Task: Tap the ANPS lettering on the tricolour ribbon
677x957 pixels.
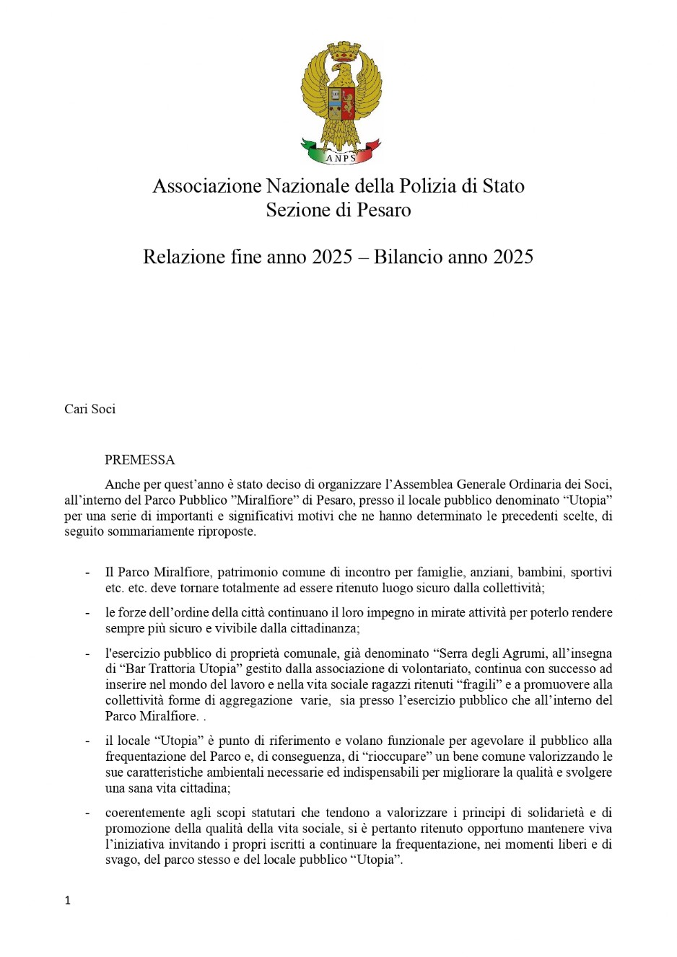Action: [x=340, y=158]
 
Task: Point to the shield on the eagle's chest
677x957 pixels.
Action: [x=341, y=103]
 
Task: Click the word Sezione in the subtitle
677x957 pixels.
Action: [x=297, y=210]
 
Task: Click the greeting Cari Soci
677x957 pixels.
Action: [x=90, y=409]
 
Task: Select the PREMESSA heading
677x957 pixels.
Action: [x=140, y=459]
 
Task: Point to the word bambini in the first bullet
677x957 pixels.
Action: [x=543, y=572]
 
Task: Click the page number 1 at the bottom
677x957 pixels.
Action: [x=68, y=900]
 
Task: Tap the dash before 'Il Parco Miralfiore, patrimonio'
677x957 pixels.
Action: [x=87, y=572]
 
